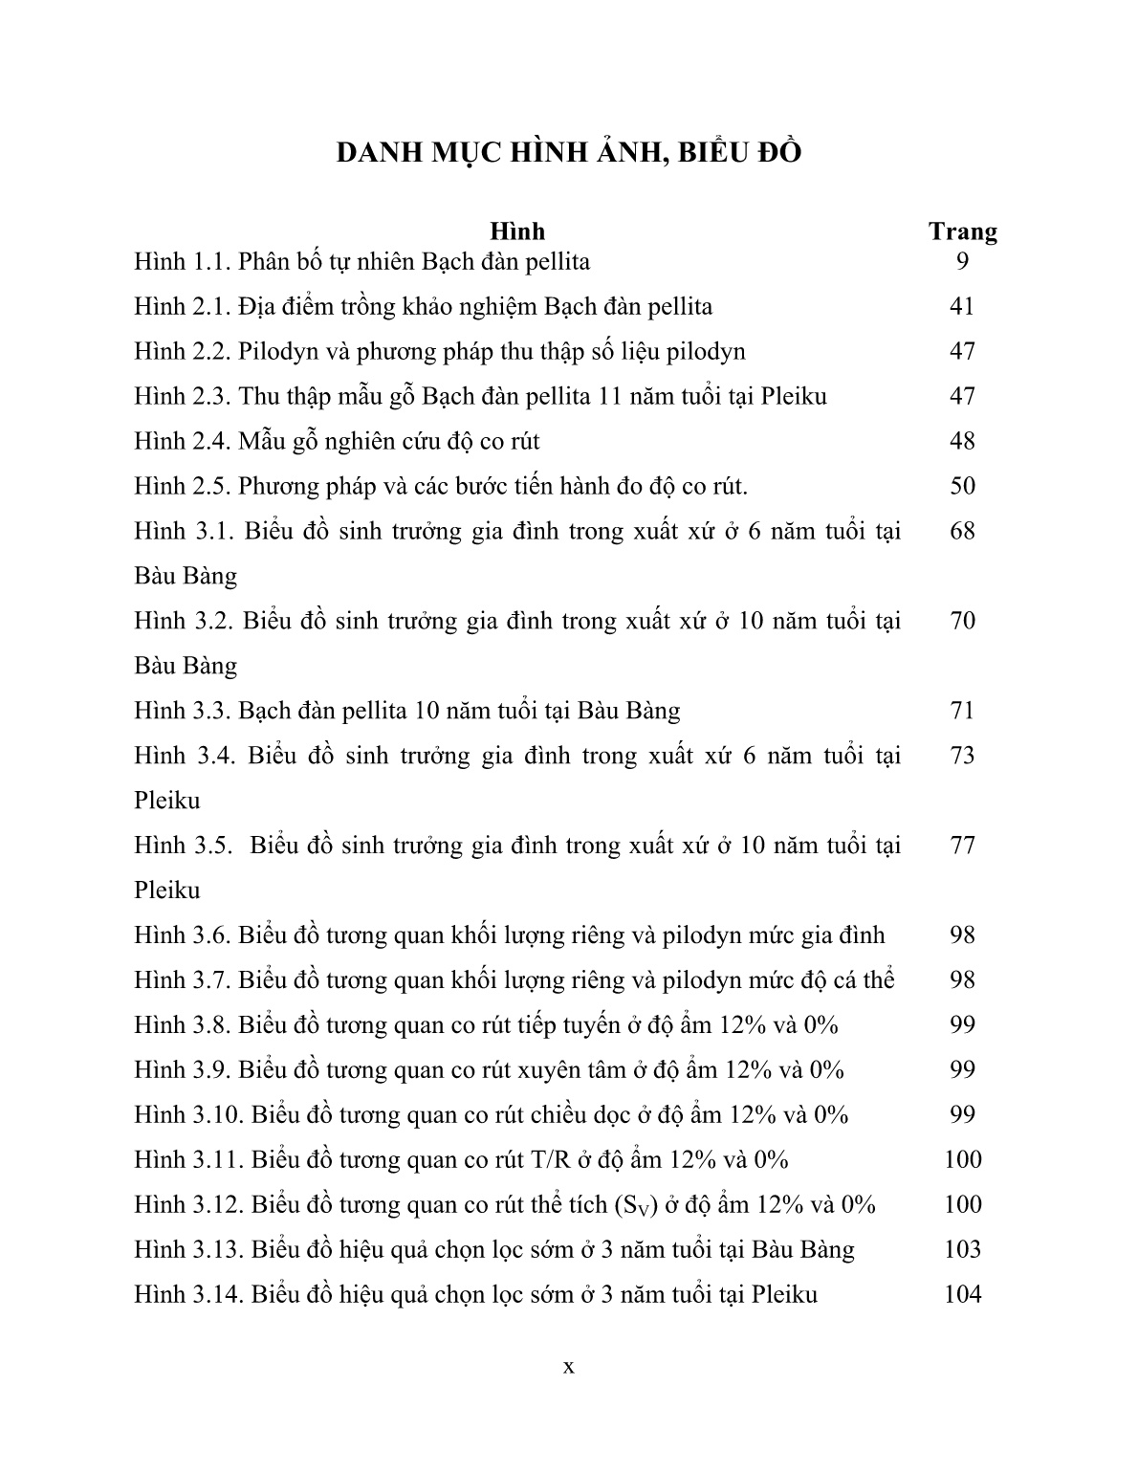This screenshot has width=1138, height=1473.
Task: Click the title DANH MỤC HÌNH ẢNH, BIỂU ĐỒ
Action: (x=568, y=153)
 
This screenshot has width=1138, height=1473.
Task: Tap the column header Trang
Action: (x=962, y=231)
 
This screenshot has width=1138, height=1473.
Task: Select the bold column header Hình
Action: (x=517, y=231)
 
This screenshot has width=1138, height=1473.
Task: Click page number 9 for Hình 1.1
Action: (x=962, y=261)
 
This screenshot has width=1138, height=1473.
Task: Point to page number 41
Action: (x=962, y=306)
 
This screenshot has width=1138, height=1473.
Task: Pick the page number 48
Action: (x=962, y=441)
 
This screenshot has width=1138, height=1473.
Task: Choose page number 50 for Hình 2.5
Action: (x=962, y=486)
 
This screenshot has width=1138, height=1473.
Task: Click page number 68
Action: (x=962, y=531)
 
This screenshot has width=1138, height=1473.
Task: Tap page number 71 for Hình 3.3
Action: (x=962, y=711)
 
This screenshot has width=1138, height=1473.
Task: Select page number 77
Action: (x=962, y=846)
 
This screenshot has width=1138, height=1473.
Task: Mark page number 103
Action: (x=962, y=1250)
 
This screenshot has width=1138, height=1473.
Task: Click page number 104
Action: (x=962, y=1295)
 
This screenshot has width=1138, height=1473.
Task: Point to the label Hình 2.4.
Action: (x=183, y=441)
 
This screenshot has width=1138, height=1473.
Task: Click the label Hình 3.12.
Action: (x=189, y=1205)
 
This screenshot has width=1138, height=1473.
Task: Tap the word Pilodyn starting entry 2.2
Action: (x=276, y=352)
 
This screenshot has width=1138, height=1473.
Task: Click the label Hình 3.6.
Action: (x=183, y=935)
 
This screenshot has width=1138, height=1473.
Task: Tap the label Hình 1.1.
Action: (x=183, y=261)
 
